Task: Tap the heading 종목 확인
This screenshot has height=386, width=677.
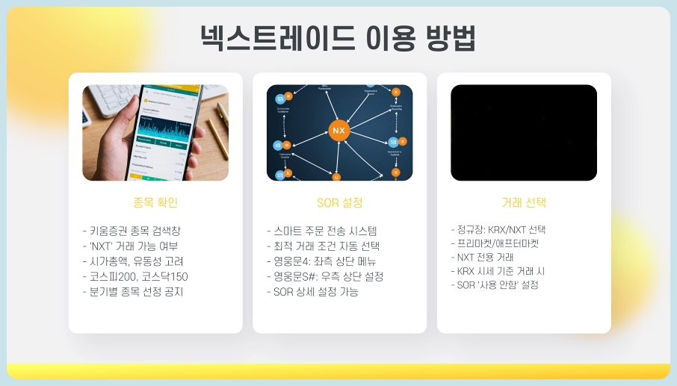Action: click(155, 202)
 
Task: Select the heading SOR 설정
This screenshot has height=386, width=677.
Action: click(339, 202)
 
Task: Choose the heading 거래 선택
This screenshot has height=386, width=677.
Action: click(524, 202)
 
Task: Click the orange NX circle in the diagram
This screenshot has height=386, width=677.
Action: click(338, 131)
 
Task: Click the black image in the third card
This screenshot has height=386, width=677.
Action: click(524, 133)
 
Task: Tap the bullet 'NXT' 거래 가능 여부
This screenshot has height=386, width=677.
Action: click(130, 246)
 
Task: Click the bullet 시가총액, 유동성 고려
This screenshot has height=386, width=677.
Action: click(132, 261)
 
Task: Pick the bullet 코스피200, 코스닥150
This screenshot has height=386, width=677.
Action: click(135, 276)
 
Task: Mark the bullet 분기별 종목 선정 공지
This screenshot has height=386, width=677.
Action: click(132, 291)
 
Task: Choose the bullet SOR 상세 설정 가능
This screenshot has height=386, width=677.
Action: click(312, 291)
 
